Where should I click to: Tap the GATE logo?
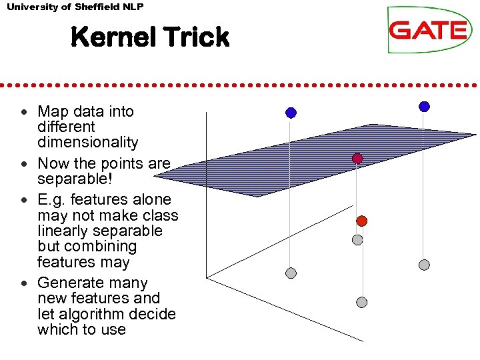coord(428,30)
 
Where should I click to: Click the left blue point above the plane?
coord(291,113)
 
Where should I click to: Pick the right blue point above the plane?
coord(424,106)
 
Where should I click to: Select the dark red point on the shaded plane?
coord(357,159)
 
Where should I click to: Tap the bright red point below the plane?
coord(361,221)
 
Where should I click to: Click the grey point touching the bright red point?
coord(357,239)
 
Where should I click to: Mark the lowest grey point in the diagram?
coord(361,302)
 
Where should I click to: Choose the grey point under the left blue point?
coord(291,273)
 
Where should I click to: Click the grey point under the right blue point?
coord(424,265)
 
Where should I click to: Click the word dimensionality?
coord(87,143)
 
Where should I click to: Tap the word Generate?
coord(69,283)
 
